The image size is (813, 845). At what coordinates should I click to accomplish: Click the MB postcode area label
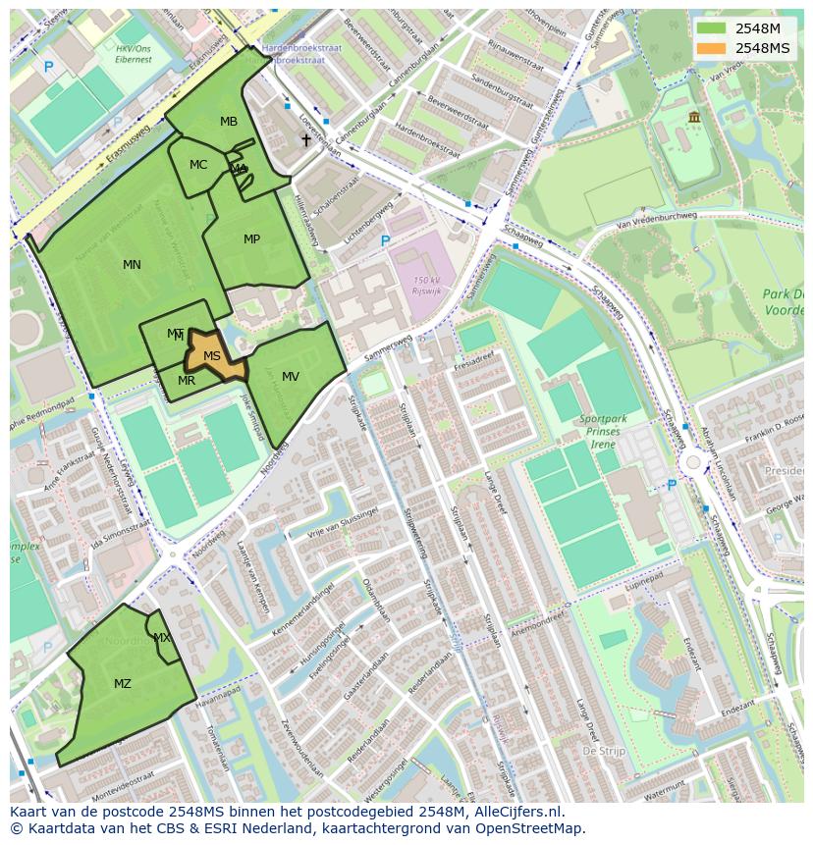pyautogui.click(x=229, y=122)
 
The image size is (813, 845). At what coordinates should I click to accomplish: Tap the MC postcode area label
pyautogui.click(x=198, y=165)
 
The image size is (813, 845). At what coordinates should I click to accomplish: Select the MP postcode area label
pyautogui.click(x=251, y=239)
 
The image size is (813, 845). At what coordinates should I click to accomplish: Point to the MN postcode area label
pyautogui.click(x=132, y=265)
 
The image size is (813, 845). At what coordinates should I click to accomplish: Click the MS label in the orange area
pyautogui.click(x=212, y=356)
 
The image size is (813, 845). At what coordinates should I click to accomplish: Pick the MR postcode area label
pyautogui.click(x=187, y=381)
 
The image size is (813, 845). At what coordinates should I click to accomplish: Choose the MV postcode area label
pyautogui.click(x=291, y=377)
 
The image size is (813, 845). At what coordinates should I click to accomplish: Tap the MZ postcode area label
pyautogui.click(x=123, y=684)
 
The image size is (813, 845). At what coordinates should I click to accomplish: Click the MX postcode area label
pyautogui.click(x=162, y=638)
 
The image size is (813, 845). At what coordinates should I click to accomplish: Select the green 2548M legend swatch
pyautogui.click(x=711, y=28)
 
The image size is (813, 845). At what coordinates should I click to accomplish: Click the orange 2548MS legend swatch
pyautogui.click(x=711, y=48)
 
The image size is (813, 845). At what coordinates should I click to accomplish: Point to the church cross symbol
pyautogui.click(x=306, y=140)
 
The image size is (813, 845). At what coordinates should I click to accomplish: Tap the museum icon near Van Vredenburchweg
pyautogui.click(x=694, y=118)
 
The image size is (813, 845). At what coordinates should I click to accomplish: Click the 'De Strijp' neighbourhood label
pyautogui.click(x=604, y=750)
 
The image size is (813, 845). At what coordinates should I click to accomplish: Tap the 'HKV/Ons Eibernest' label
pyautogui.click(x=134, y=53)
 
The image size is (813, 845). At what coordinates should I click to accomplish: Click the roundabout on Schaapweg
pyautogui.click(x=693, y=461)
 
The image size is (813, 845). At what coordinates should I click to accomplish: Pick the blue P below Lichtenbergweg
pyautogui.click(x=385, y=240)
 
